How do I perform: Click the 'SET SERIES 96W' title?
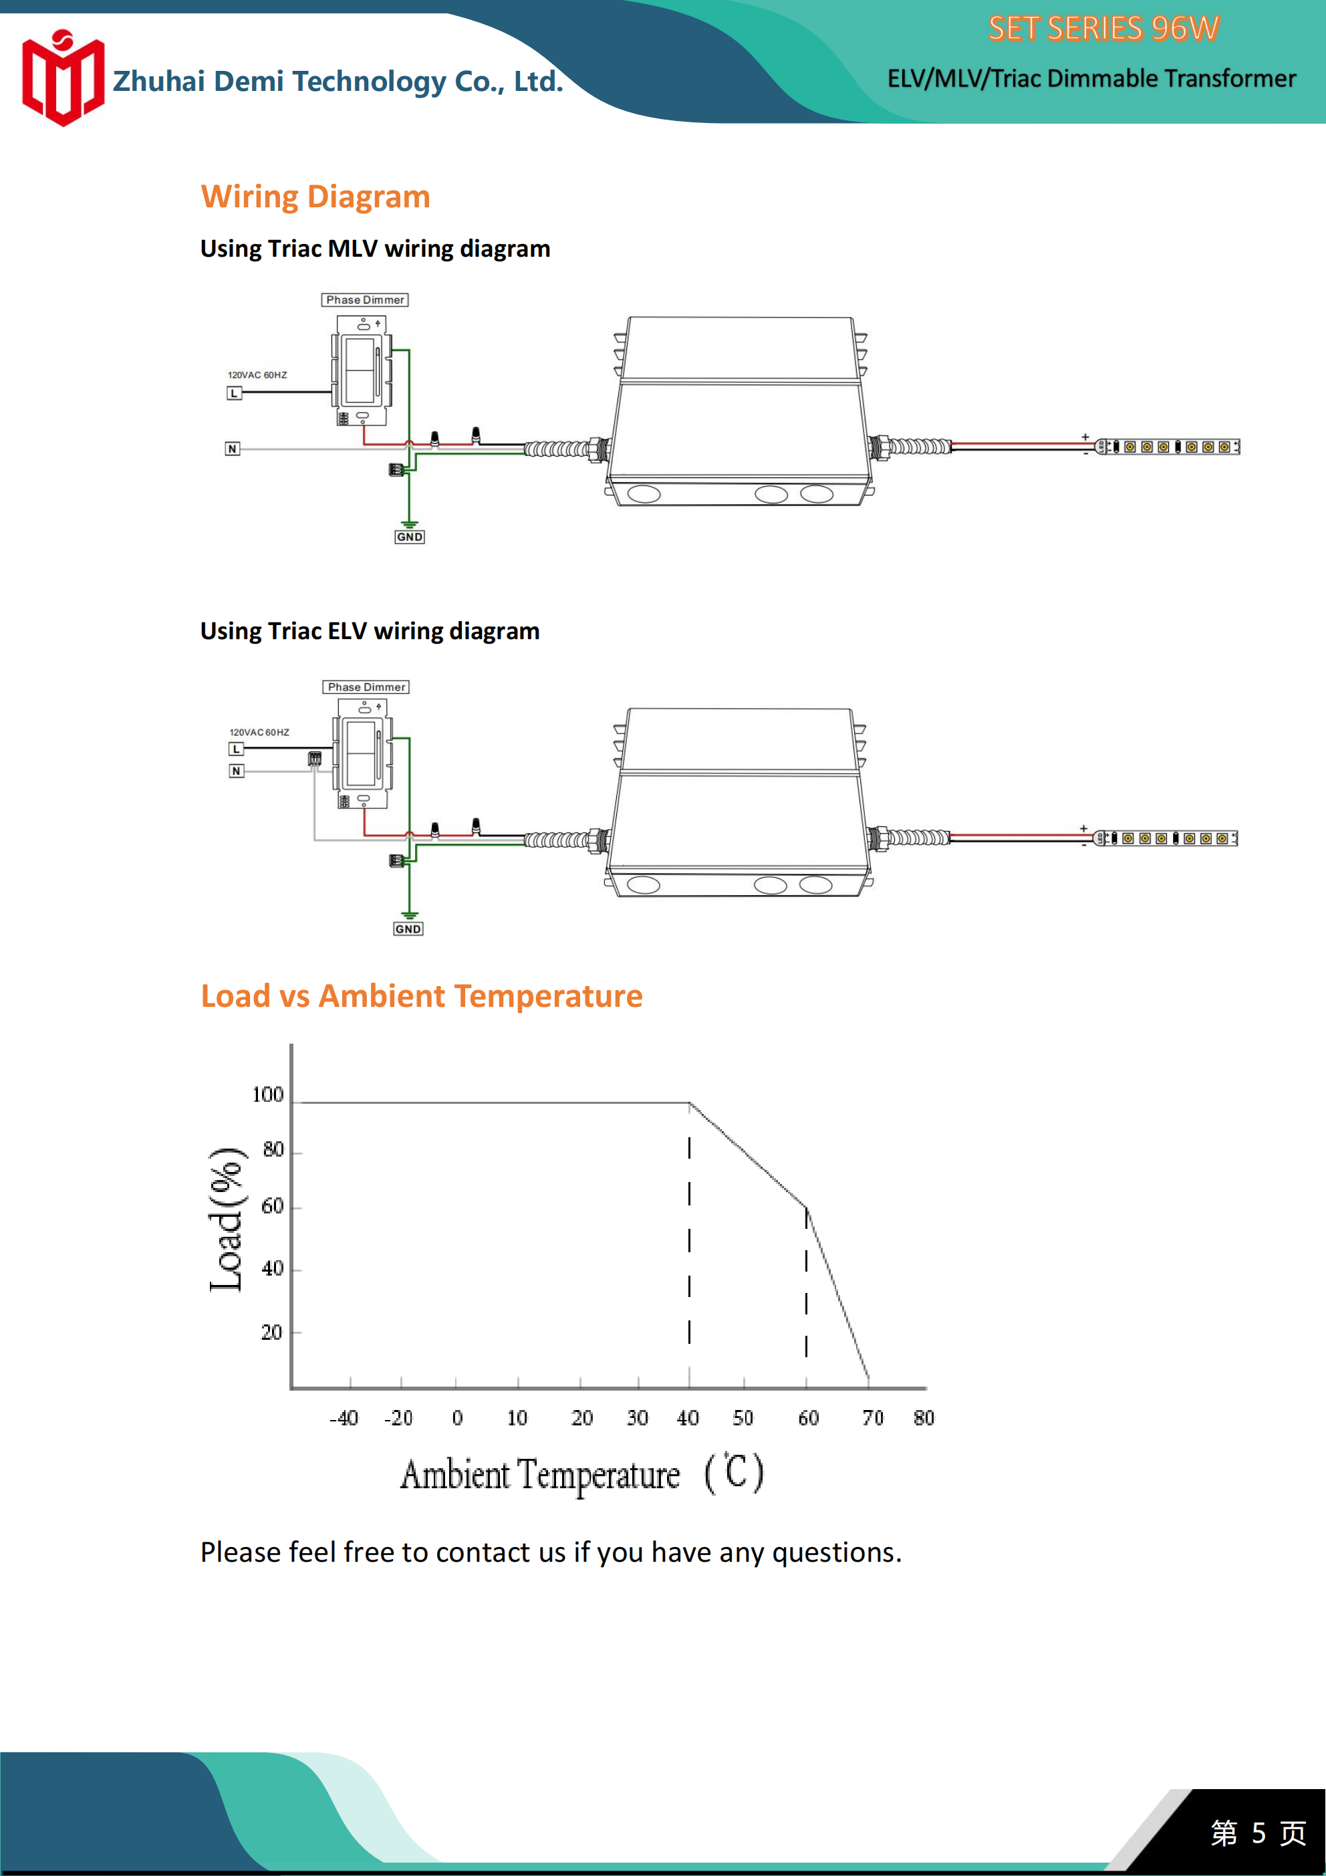tap(1103, 29)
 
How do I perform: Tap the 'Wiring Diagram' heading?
tap(315, 197)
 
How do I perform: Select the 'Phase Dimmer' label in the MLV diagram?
tap(364, 300)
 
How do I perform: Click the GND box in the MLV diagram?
tap(409, 537)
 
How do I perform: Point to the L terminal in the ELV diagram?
tap(236, 749)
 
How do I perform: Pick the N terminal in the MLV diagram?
tap(233, 449)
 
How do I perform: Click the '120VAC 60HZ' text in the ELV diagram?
tap(259, 732)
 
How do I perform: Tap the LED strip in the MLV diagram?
tap(1168, 447)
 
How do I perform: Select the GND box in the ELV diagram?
tap(408, 929)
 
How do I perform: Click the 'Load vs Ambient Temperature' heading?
tap(422, 996)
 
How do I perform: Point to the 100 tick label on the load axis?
tap(267, 1095)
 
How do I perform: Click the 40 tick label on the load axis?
tap(272, 1268)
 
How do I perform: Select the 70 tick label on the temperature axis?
tap(873, 1417)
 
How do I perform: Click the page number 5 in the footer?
tap(1258, 1833)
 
